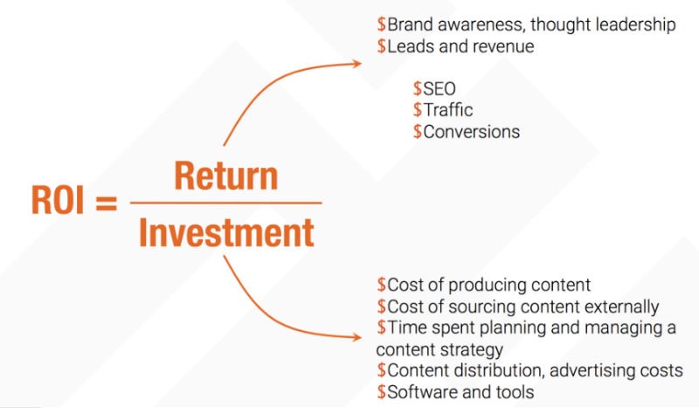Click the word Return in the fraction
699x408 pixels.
(226, 176)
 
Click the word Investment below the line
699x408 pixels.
(226, 232)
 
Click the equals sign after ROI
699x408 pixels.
(105, 204)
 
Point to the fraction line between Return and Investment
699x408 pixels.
(226, 204)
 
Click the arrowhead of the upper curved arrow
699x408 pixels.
(356, 62)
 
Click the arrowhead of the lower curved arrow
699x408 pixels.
(356, 335)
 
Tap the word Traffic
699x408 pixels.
(448, 110)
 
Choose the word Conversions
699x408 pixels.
(472, 132)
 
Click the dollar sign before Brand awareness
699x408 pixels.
(382, 25)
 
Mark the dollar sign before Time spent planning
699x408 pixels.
(382, 328)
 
